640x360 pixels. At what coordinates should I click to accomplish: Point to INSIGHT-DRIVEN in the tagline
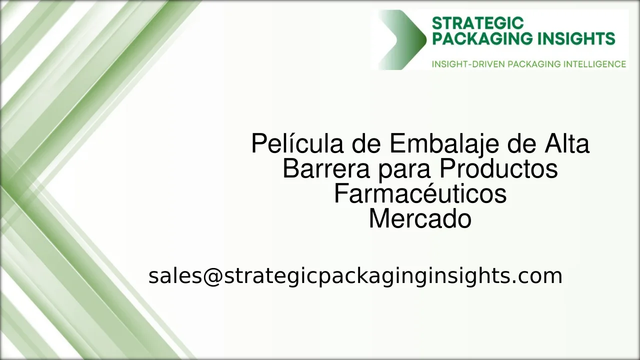(x=468, y=64)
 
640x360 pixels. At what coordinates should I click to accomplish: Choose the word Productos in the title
(x=498, y=169)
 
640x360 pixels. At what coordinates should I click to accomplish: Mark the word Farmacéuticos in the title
(x=420, y=194)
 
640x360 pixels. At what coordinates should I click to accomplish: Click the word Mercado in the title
(x=420, y=219)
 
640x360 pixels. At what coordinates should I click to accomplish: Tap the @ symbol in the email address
(x=212, y=276)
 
